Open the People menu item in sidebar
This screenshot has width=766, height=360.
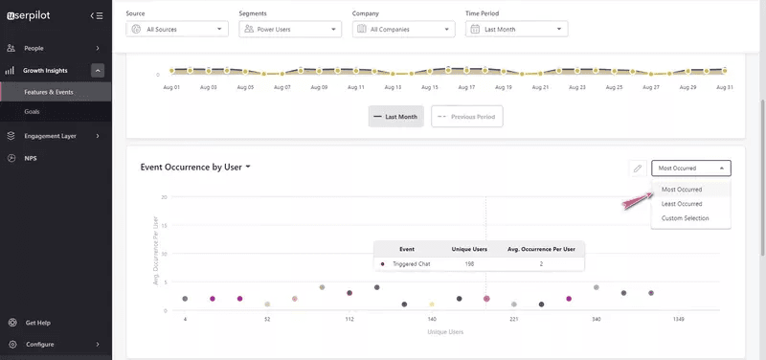click(34, 48)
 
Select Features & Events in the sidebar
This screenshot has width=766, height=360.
click(49, 92)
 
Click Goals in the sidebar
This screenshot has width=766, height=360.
click(33, 112)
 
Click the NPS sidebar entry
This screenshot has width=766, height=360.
click(31, 157)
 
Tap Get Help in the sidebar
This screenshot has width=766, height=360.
click(38, 323)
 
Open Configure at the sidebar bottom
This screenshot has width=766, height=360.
click(40, 344)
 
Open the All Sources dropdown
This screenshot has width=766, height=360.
click(177, 30)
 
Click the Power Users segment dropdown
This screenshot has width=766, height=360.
click(289, 30)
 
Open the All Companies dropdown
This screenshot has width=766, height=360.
click(402, 30)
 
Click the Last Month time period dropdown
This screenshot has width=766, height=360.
click(517, 30)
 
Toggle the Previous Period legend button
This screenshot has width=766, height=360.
click(466, 116)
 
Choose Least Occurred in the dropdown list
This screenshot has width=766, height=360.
click(682, 204)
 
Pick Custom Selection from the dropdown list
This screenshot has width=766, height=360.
click(686, 218)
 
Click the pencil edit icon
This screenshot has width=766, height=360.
click(638, 169)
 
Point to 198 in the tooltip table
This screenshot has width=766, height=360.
click(469, 263)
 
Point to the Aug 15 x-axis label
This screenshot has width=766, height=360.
click(430, 86)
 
